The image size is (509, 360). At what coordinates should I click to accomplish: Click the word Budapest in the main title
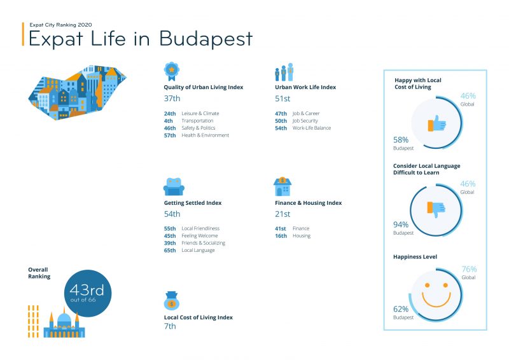tap(206, 39)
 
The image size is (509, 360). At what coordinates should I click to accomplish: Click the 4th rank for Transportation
tap(168, 120)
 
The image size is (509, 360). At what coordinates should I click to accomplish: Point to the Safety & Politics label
tap(199, 128)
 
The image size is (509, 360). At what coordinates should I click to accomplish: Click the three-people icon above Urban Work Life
tap(284, 72)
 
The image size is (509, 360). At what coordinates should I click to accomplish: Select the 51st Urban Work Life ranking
tap(282, 99)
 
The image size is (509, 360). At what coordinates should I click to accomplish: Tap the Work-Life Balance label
tap(311, 128)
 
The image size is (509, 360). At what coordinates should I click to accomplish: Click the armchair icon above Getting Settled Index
tap(174, 187)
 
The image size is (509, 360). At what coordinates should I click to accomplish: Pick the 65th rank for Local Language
tap(170, 250)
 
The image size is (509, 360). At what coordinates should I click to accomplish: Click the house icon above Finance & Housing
tap(282, 187)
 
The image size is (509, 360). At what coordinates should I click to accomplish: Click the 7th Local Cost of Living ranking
tap(170, 326)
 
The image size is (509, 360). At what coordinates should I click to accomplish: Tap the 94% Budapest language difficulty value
tap(401, 225)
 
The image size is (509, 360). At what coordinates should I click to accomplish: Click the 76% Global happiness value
tap(468, 269)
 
